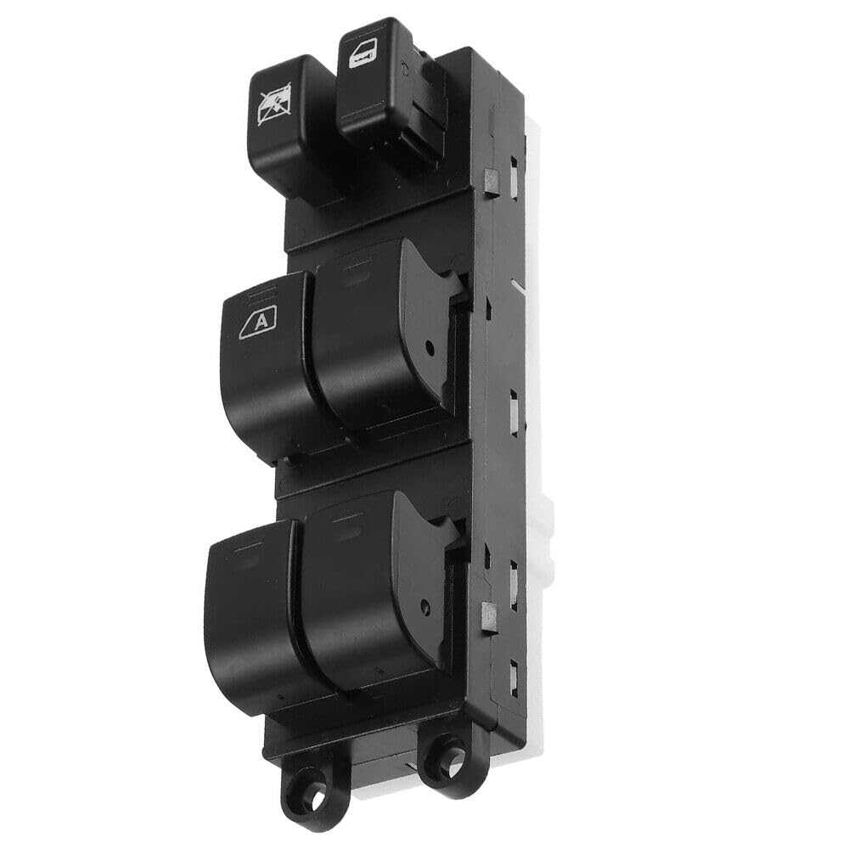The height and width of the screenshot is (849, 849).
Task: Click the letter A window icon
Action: tap(258, 322)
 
